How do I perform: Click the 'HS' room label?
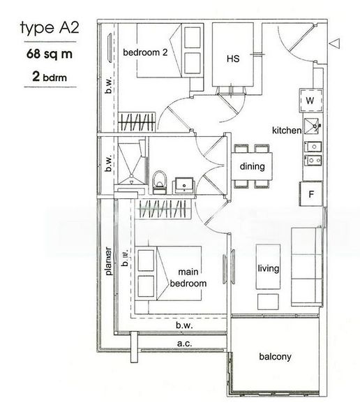pos(233,59)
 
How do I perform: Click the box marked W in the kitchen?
pos(310,101)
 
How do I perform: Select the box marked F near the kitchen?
pos(310,194)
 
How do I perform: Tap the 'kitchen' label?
pos(286,131)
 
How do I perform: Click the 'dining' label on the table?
pos(252,167)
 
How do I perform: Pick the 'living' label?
pos(268,267)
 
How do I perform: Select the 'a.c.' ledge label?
pos(183,343)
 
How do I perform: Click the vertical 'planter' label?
pos(108,260)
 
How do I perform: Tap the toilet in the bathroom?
pos(158,181)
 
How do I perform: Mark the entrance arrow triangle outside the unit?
pos(336,44)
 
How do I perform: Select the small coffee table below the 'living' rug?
pos(268,300)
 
